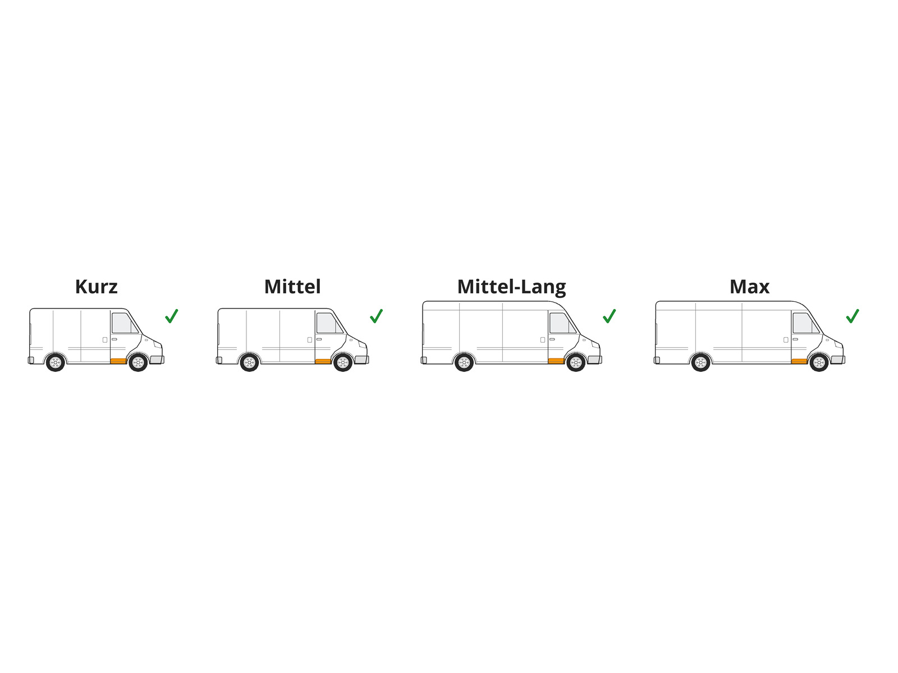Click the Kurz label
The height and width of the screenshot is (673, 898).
click(x=96, y=287)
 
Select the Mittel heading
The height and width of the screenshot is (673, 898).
click(x=292, y=287)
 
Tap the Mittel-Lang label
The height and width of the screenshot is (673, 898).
click(x=511, y=287)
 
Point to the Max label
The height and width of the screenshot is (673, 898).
click(x=749, y=287)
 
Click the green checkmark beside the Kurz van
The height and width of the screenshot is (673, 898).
click(x=171, y=316)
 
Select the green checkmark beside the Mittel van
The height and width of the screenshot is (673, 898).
click(x=376, y=316)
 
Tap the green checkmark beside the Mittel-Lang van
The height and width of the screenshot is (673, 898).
click(x=609, y=316)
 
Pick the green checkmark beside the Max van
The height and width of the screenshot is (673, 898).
click(x=853, y=316)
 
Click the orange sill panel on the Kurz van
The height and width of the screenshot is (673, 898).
click(x=118, y=361)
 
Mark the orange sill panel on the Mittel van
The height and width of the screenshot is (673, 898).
click(x=323, y=361)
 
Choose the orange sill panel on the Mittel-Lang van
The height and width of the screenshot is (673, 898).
click(x=556, y=361)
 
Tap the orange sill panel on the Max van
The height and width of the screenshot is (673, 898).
click(x=799, y=361)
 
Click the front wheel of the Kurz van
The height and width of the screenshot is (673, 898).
click(x=138, y=362)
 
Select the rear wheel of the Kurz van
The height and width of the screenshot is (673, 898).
click(x=55, y=362)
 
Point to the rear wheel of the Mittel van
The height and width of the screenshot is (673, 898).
click(x=249, y=362)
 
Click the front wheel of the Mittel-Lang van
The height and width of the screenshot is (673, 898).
click(x=576, y=362)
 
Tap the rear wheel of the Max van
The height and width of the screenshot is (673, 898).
click(x=700, y=362)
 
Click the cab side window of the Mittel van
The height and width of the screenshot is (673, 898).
click(x=330, y=323)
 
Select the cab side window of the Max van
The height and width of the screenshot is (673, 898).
click(x=806, y=323)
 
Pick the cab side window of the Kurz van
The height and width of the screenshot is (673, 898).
click(x=125, y=323)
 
